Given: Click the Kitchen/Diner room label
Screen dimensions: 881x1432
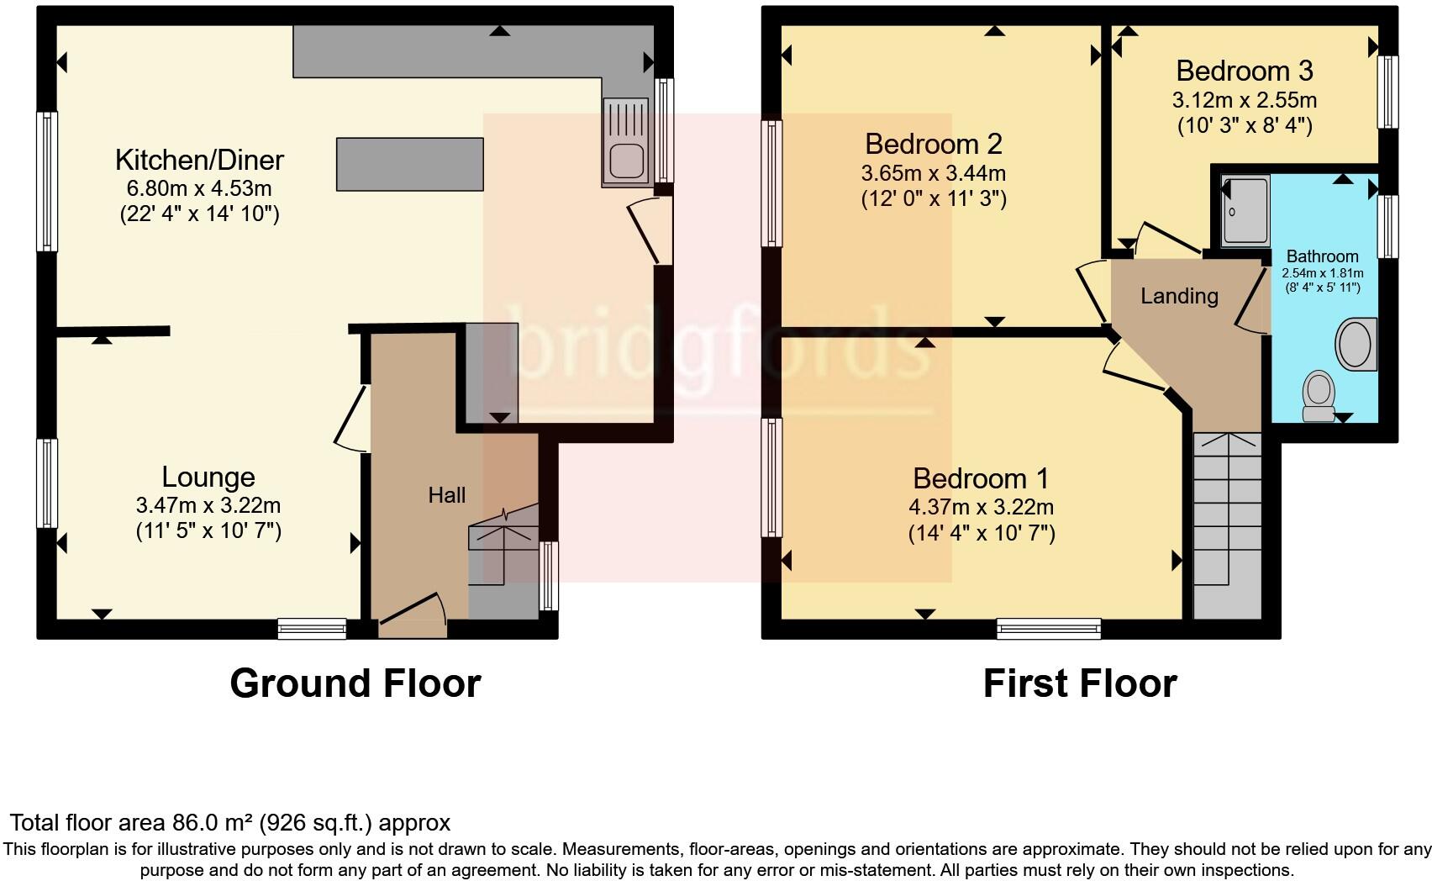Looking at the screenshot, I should click(199, 159).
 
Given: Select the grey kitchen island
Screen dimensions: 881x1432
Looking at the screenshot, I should click(410, 165).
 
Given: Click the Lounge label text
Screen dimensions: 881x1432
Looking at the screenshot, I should click(208, 477).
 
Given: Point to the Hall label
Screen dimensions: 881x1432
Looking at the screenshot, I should click(446, 495).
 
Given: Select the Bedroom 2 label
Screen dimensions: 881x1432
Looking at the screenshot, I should click(933, 144).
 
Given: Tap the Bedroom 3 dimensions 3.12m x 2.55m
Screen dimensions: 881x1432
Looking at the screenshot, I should click(1244, 101).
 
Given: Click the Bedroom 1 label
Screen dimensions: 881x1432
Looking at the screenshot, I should click(981, 478).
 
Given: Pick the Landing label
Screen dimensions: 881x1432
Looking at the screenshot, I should click(1179, 296).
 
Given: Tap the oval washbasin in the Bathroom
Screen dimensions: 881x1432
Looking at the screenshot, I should click(1355, 344).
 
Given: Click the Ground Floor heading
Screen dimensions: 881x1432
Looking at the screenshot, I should click(355, 683).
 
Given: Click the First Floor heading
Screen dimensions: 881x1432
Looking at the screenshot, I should click(1079, 683).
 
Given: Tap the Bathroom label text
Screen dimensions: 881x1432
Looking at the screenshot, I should click(1322, 256).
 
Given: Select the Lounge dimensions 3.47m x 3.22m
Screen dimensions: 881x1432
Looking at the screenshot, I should click(208, 505).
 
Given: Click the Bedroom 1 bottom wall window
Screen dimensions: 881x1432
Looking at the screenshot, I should click(1049, 628).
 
